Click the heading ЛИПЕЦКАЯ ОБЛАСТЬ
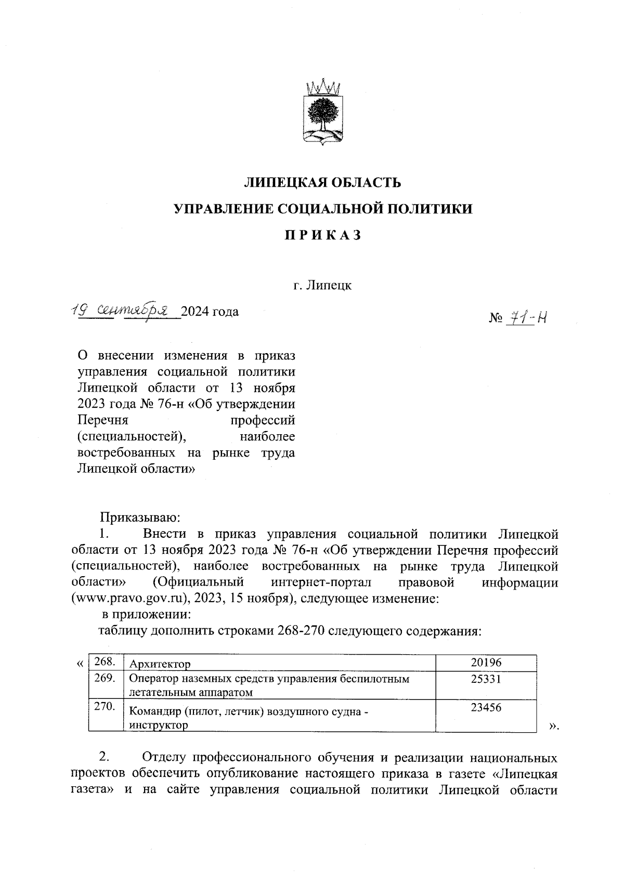click(322, 183)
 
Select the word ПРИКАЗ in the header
click(322, 235)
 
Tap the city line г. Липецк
click(322, 285)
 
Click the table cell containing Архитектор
click(160, 664)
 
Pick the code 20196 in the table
click(486, 663)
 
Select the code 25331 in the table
click(486, 679)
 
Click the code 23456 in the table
click(486, 707)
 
